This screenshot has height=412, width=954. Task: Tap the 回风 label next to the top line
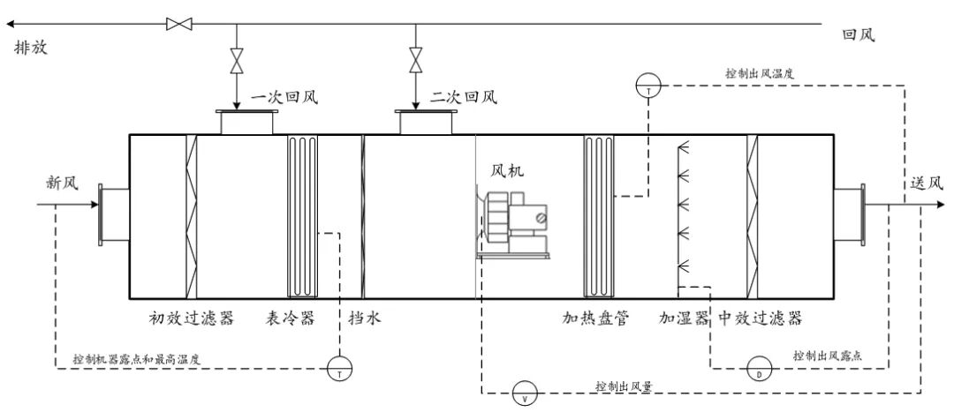coord(859,35)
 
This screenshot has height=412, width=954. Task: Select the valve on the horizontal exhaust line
coord(179,24)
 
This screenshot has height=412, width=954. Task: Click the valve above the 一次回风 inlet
coord(236,62)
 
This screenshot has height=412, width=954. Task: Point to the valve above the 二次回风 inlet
coord(415,62)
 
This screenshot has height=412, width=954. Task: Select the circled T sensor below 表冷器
coord(339,369)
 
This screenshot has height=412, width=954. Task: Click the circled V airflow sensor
coord(525,393)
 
